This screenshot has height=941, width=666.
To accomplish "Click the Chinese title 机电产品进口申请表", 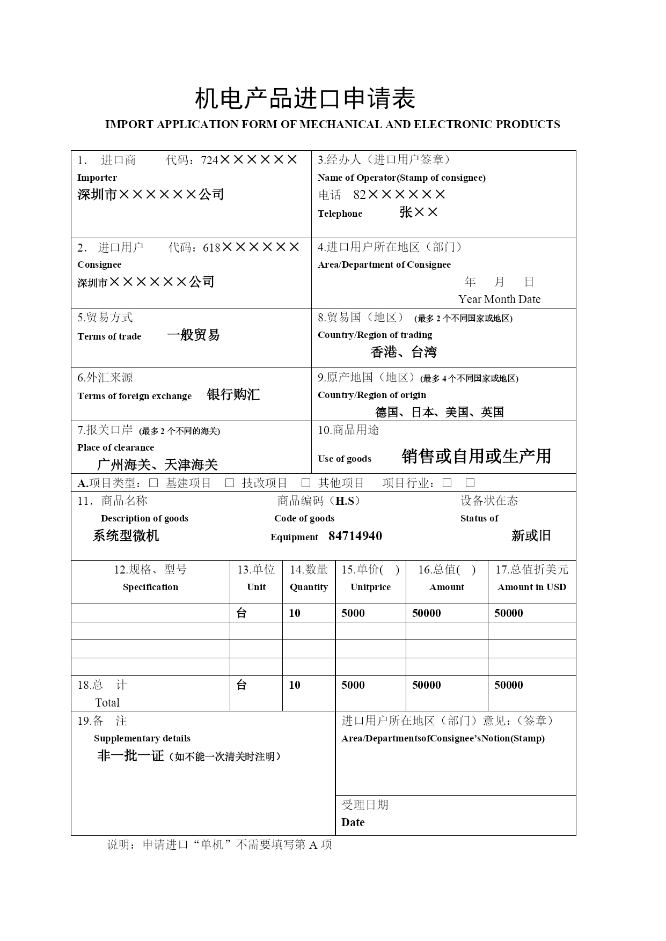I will [x=305, y=99].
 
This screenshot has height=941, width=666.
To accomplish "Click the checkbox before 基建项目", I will [x=153, y=483].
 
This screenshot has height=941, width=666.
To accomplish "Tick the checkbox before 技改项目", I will [x=230, y=483].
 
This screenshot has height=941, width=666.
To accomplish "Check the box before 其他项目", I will [x=306, y=483].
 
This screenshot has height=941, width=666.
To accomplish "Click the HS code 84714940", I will [x=355, y=536].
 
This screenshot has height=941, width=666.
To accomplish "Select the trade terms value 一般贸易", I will [x=193, y=335].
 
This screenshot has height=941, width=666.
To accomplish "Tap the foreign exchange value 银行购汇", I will [x=233, y=395].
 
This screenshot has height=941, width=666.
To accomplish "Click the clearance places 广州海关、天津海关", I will [x=157, y=465].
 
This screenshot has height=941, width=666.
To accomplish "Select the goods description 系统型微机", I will [x=126, y=535].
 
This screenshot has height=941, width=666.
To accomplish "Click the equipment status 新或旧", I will [x=531, y=535].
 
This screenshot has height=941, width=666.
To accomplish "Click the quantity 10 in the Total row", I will [x=295, y=685].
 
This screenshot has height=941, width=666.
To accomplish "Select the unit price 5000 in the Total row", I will [x=353, y=685].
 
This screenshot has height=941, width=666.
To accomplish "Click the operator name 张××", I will [x=419, y=212].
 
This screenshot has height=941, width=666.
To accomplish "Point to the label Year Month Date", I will [x=499, y=299].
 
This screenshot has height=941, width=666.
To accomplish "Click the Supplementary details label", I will [x=142, y=738].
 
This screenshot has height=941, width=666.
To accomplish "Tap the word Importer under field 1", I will [x=97, y=178].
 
